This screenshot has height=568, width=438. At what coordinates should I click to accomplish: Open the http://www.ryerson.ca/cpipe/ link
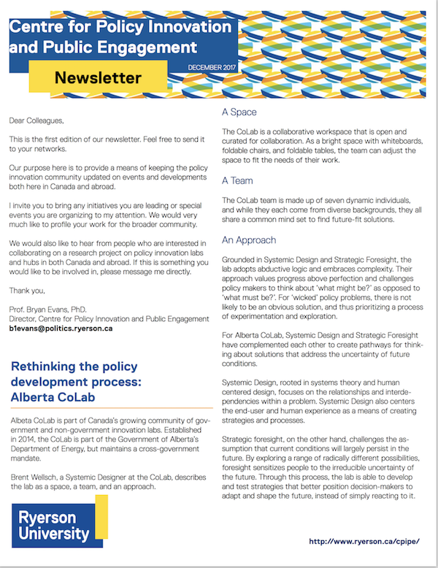coord(364,541)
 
